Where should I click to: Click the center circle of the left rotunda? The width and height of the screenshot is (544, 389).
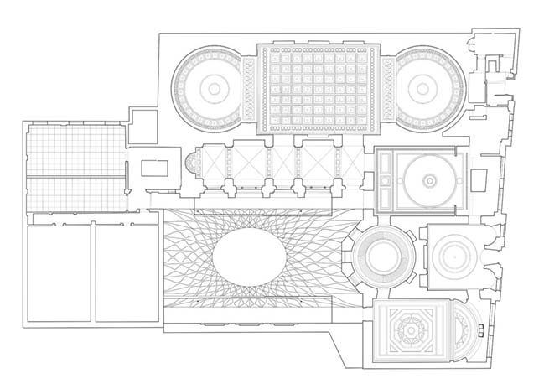(x=213, y=87)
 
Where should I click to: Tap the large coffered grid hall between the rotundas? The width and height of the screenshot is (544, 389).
(x=320, y=87)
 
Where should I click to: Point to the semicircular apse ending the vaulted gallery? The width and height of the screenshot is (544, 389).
(x=188, y=168)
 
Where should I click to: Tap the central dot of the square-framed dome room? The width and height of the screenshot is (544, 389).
(x=430, y=179)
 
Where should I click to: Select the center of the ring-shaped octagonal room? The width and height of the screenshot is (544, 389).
(x=383, y=258)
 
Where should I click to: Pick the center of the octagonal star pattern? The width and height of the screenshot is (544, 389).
(x=412, y=333)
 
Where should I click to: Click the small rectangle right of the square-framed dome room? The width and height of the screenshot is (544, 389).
(x=479, y=179)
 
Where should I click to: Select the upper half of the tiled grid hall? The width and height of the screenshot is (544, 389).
(x=74, y=151)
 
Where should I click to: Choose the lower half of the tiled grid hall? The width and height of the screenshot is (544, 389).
(x=74, y=194)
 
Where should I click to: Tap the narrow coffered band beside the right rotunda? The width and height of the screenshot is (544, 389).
(x=387, y=87)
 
